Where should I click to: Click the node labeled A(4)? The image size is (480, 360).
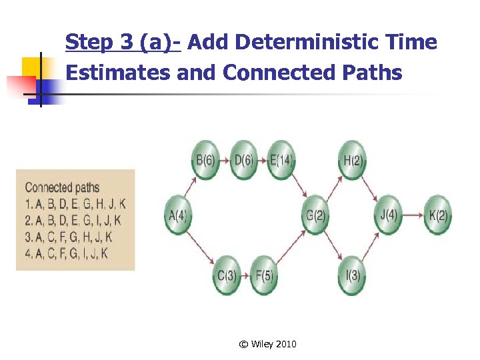(177, 215)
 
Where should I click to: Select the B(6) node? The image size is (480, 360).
(205, 161)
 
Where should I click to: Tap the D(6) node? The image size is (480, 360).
(243, 161)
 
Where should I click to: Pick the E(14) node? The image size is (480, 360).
(281, 161)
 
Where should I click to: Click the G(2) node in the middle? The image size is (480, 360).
(315, 215)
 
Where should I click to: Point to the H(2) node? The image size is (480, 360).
(352, 161)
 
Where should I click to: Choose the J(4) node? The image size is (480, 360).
(388, 215)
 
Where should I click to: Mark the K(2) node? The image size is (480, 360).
(437, 215)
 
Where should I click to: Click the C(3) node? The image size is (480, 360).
(227, 275)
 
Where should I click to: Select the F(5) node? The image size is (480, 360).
(264, 275)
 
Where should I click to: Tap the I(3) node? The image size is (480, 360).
(352, 275)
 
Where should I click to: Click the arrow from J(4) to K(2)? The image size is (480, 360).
(413, 215)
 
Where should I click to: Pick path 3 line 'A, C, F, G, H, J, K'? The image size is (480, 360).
(68, 237)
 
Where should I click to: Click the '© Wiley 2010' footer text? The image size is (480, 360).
(267, 344)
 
